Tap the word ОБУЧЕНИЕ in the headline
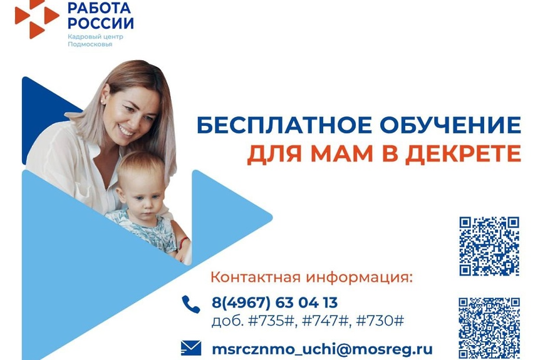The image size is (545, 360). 450,125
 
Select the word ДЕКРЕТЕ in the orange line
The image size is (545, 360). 464,153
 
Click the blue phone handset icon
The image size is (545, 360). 191,304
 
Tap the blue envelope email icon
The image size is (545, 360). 191,348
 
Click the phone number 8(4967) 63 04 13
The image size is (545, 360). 274,302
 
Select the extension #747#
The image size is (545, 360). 325,321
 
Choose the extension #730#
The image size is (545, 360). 380,321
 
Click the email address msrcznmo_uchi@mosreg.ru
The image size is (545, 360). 322,349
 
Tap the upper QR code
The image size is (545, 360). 489,247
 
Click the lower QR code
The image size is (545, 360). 489,328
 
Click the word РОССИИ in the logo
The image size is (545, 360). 100,23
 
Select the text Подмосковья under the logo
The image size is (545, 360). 90,44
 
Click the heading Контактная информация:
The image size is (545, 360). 312,277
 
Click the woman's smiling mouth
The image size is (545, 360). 126,131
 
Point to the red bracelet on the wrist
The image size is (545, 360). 184,242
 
